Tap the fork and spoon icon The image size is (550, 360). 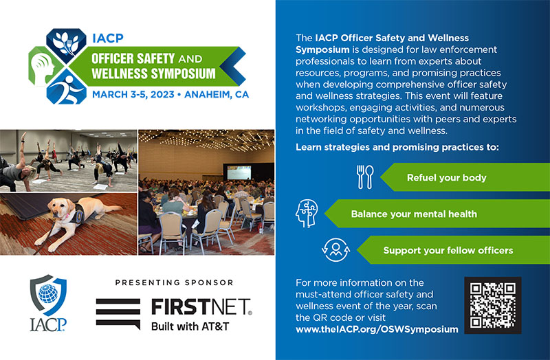click(x=364, y=177)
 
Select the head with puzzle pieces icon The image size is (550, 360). click(x=307, y=214)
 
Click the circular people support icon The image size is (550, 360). click(x=335, y=250)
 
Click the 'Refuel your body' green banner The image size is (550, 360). click(x=447, y=177)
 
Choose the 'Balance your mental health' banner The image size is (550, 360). click(x=414, y=214)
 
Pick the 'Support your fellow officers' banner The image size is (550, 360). click(x=448, y=250)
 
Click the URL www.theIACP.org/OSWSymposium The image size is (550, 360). click(x=376, y=330)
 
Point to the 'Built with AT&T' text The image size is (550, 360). click(x=190, y=326)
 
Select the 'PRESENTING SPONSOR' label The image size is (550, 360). click(x=174, y=282)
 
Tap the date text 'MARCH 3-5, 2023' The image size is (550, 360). click(x=129, y=95)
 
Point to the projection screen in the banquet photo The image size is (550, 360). click(x=242, y=172)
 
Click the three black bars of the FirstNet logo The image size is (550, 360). click(x=118, y=313)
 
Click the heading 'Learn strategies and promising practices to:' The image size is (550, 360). click(x=397, y=148)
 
